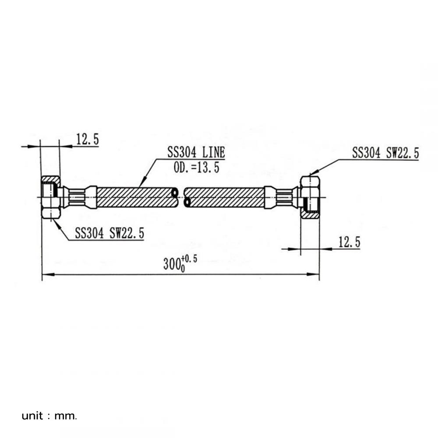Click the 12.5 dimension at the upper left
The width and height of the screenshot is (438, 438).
click(x=88, y=139)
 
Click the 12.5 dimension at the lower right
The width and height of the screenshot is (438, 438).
click(x=349, y=242)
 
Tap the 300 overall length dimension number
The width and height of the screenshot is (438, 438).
click(x=170, y=264)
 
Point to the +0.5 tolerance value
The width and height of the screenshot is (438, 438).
click(x=189, y=259)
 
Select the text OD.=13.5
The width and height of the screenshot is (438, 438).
click(x=197, y=168)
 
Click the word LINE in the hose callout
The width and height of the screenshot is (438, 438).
click(x=214, y=152)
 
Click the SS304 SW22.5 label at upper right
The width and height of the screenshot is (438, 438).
click(x=385, y=153)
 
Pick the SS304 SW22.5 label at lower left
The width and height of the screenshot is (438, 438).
click(x=109, y=233)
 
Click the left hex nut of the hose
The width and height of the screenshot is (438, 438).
click(x=51, y=197)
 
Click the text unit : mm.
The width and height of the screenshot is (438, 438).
click(x=49, y=416)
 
